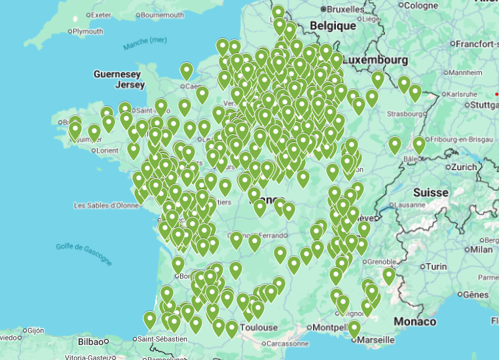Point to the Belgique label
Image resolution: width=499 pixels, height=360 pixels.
coord(333,26)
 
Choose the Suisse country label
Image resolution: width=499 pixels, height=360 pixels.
coord(431,192)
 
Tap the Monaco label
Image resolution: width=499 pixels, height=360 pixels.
coord(415,321)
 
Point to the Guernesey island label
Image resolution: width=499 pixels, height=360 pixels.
coord(117,74)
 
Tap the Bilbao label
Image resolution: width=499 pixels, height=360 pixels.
coord(90,341)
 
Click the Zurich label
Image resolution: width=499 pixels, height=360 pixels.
coord(464,167)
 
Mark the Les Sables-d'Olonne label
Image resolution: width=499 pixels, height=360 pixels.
coord(106,205)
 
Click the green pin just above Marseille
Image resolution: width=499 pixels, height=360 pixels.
coord(354,327)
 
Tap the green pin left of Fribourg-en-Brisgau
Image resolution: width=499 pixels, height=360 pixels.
coord(419,144)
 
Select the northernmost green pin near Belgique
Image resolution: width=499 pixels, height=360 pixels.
coord(278,12)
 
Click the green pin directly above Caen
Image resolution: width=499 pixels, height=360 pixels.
coord(187,70)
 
